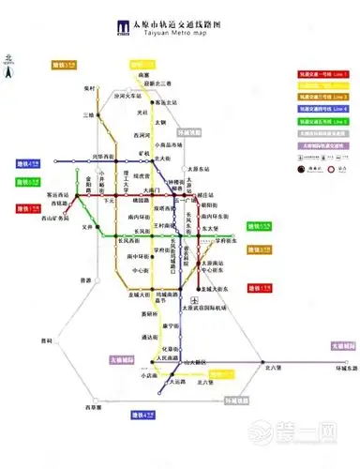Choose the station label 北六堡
coord(275,367)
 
